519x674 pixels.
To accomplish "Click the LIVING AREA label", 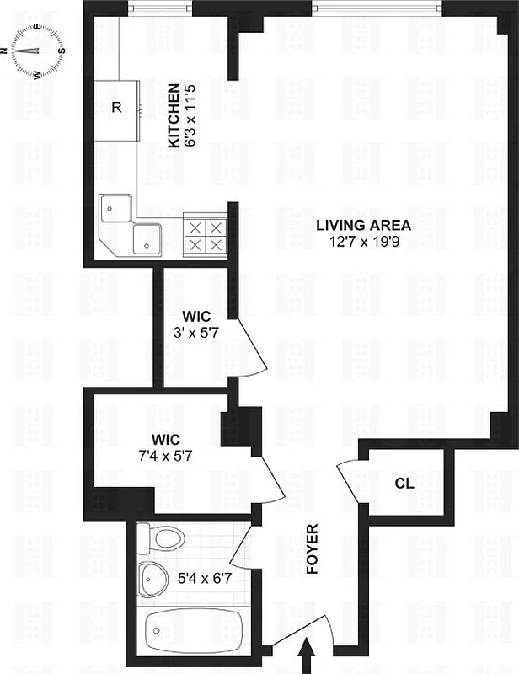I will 363,225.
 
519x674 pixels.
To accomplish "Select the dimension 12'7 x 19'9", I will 363,242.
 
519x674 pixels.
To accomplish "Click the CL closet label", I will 404,484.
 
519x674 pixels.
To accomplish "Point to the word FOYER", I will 313,549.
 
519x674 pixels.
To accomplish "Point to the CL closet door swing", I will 347,479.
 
